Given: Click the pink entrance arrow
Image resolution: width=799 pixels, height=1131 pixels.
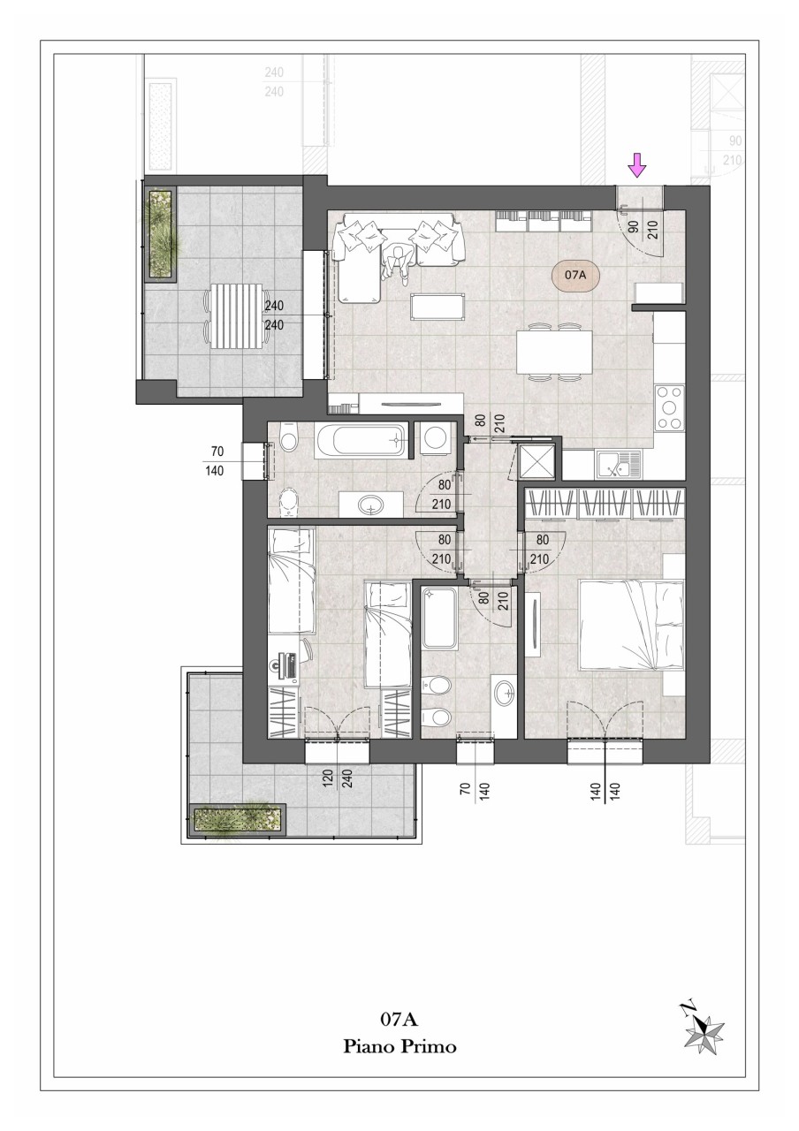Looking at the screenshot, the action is [638, 166].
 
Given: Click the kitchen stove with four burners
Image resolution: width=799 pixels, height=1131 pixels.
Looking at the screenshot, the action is [670, 407].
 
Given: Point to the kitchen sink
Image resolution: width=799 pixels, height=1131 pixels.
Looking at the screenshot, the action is [619, 464].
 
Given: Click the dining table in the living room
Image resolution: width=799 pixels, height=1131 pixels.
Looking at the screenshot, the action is [554, 352].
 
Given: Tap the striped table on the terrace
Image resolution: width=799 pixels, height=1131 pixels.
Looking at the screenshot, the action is [237, 316].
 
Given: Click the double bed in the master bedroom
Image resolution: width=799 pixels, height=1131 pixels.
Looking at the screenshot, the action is [630, 626].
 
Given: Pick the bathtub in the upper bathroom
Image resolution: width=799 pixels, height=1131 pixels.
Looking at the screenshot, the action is [360, 440].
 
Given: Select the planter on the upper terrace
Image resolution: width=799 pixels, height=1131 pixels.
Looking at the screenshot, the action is [161, 234].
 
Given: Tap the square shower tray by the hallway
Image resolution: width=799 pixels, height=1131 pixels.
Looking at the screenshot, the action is [536, 461].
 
